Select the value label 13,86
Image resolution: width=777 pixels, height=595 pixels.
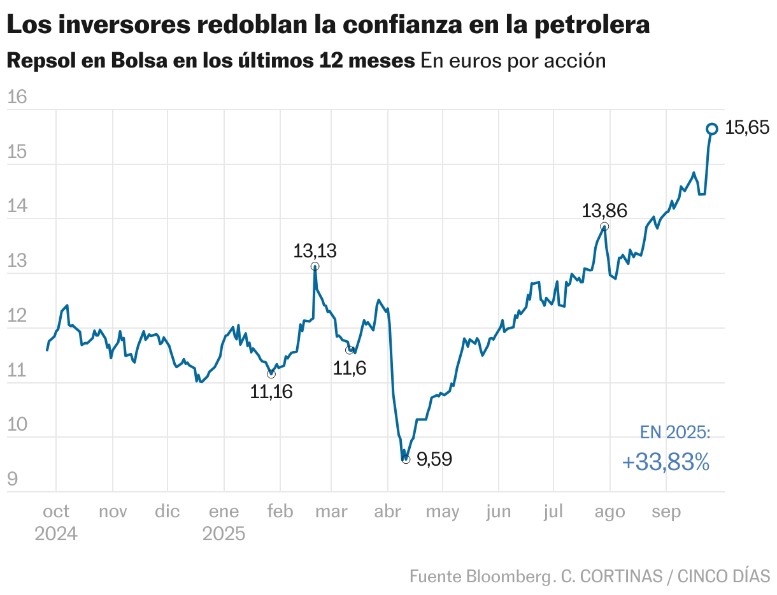click(604, 211)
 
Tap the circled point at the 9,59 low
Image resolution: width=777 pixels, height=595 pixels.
click(406, 459)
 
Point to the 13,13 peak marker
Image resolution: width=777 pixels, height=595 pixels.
click(315, 266)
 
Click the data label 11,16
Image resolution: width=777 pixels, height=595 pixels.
click(271, 392)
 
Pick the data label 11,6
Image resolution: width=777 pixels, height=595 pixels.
click(350, 368)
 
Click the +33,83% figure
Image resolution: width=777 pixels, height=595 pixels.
click(666, 462)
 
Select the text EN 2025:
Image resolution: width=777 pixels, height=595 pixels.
click(674, 433)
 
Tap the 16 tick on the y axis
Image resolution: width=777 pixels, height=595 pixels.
click(17, 97)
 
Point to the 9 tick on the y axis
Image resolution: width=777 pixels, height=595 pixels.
click(13, 480)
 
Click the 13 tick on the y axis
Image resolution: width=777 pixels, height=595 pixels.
click(17, 261)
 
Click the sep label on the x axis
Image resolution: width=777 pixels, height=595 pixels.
click(666, 512)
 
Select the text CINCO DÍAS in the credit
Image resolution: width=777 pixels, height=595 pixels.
click(724, 577)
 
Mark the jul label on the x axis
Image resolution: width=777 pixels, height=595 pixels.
click(553, 512)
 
